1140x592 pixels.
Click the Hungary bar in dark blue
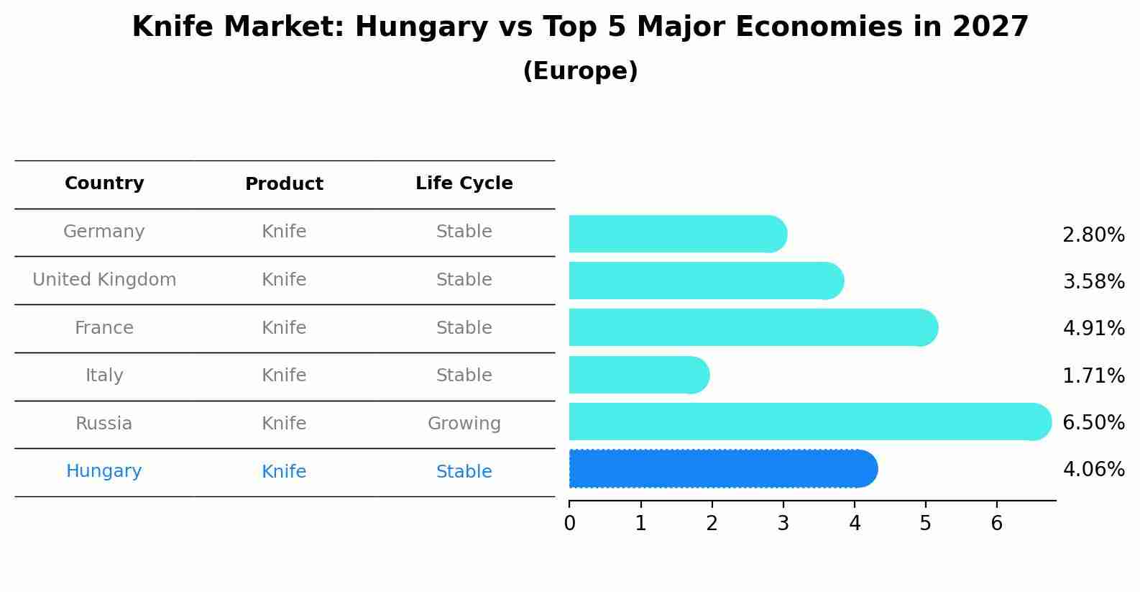coord(722,469)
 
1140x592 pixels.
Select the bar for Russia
coord(809,422)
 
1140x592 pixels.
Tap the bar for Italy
coord(638,375)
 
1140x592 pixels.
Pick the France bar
coord(753,328)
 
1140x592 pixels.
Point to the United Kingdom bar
coord(706,281)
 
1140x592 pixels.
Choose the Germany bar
coord(677,234)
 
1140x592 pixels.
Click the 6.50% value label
coord(1093,422)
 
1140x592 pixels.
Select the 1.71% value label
coord(1093,375)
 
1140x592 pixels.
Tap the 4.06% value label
coord(1093,470)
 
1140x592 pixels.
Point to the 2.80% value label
coord(1093,235)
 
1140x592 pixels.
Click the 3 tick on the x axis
coord(783,524)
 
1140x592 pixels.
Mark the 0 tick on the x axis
coord(569,524)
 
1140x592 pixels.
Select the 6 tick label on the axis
coord(996,524)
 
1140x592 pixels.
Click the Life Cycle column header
coord(464,183)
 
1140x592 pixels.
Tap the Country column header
coord(104,183)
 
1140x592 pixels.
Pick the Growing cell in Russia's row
coord(464,424)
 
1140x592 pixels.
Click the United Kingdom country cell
coord(104,280)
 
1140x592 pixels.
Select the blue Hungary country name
coord(104,471)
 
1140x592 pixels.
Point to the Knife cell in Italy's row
coord(284,375)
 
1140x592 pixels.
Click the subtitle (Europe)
coord(580,71)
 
